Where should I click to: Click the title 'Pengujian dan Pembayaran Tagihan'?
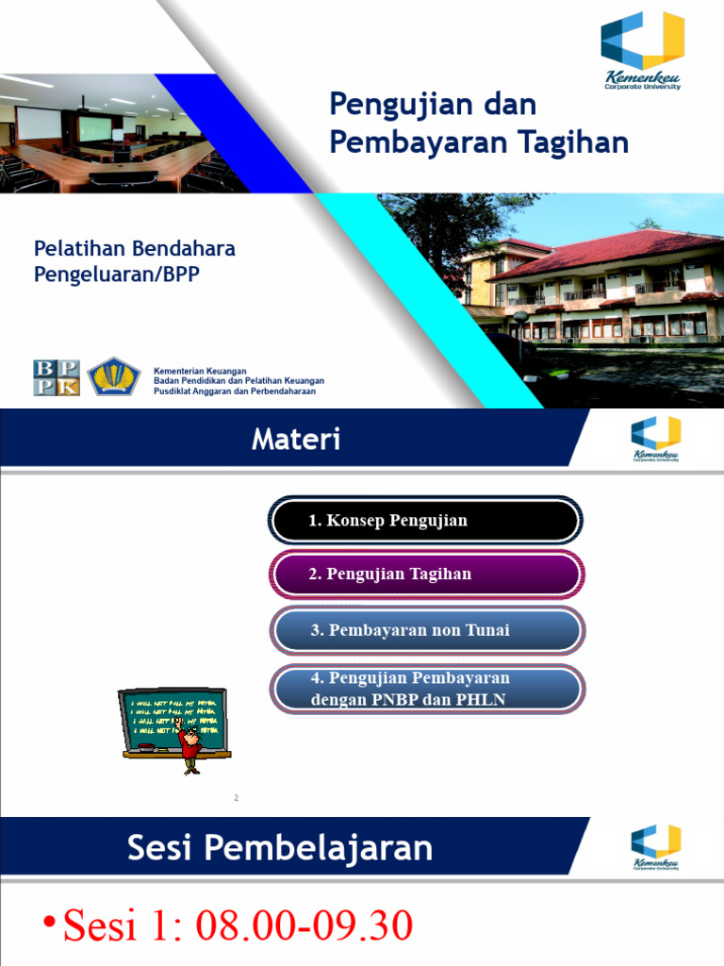point(479,123)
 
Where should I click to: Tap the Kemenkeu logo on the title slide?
point(643,51)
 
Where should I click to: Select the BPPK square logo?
point(57,377)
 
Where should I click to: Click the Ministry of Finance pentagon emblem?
point(114,377)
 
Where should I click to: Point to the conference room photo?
point(104,134)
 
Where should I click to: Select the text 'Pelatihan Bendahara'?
point(135,250)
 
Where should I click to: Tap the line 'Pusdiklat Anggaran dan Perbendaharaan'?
point(235,391)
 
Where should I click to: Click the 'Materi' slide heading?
point(296,440)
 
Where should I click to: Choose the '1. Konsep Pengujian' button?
point(425,522)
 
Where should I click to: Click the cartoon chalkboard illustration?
point(175,726)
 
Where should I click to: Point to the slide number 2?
point(237,799)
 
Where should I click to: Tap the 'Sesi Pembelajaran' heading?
point(281,848)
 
